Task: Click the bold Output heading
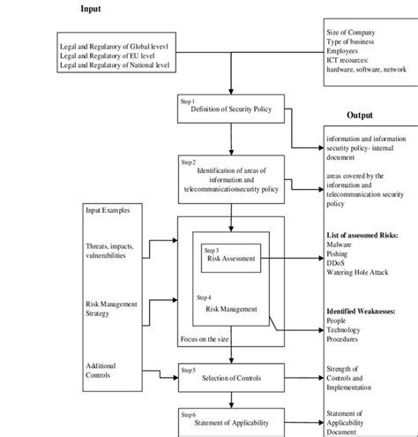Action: coord(359,116)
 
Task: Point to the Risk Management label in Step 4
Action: coord(231,309)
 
